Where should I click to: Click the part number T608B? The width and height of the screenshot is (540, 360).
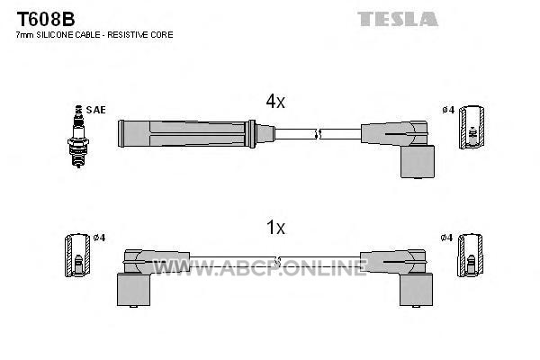point(46,19)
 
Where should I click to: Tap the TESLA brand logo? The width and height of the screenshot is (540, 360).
point(398,19)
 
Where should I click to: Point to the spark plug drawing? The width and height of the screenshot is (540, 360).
point(78,137)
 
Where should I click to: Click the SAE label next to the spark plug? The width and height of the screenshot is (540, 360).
point(95,110)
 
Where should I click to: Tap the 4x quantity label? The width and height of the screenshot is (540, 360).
point(275,102)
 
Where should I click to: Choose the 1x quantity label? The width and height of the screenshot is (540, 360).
point(275,228)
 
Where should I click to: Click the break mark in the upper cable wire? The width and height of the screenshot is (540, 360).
point(318,134)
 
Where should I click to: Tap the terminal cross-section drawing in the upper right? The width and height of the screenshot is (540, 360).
point(472,128)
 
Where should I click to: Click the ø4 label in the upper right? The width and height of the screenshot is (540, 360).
point(448,110)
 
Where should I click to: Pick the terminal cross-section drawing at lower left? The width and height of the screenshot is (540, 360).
point(77,256)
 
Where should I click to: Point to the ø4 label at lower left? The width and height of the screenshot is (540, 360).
point(99,238)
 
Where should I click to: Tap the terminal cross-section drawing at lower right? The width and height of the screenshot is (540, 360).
point(470,256)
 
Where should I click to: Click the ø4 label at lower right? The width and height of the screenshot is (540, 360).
point(446,238)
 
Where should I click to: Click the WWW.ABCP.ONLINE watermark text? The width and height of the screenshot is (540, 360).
point(260,267)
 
